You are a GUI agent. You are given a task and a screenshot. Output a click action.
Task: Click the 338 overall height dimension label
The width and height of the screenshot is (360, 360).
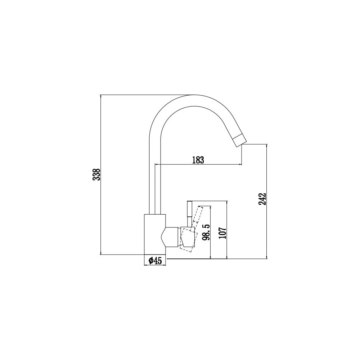(x=96, y=175)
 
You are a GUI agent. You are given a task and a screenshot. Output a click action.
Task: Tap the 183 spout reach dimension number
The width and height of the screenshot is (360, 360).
(x=198, y=160)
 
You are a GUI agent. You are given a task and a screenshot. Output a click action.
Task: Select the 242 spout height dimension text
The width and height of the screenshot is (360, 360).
(x=262, y=199)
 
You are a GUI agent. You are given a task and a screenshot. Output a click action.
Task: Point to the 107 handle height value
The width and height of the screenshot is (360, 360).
(x=222, y=233)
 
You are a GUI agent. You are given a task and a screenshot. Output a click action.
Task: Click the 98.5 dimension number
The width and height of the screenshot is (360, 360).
(x=206, y=232)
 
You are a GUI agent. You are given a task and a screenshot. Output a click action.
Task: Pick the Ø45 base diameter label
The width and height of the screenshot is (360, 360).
(x=155, y=261)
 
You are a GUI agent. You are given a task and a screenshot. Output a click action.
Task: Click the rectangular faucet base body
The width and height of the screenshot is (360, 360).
(x=155, y=234)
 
